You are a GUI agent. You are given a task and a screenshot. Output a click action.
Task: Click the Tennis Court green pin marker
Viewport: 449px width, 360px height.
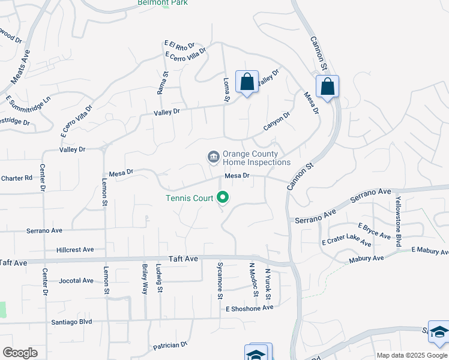223,197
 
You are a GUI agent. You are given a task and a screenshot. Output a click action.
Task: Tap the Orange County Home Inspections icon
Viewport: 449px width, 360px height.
213,157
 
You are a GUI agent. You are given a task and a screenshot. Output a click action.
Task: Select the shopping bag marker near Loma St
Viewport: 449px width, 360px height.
247,83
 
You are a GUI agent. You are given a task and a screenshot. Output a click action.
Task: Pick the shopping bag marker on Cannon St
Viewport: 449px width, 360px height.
327,86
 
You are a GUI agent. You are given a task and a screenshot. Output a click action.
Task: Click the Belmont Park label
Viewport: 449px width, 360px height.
163,2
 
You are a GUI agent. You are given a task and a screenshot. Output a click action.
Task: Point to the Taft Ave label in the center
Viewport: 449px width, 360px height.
183,259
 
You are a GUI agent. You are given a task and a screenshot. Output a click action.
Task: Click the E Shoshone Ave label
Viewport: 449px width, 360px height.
249,307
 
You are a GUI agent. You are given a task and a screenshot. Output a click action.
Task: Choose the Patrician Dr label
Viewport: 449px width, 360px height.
170,346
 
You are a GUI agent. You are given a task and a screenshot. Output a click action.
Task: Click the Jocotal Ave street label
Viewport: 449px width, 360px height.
76,280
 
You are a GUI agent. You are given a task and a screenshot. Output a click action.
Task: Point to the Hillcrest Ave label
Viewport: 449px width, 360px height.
75,250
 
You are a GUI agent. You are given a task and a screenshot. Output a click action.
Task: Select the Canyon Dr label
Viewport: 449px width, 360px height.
277,122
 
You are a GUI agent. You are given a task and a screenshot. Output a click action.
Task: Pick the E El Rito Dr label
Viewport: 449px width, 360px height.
179,45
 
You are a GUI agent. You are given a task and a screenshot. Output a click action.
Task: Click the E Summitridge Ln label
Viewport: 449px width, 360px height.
28,102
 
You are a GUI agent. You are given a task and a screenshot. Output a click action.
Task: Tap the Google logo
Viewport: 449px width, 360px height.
20,353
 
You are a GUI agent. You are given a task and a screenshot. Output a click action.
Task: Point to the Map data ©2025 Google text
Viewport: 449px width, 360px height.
412,355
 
